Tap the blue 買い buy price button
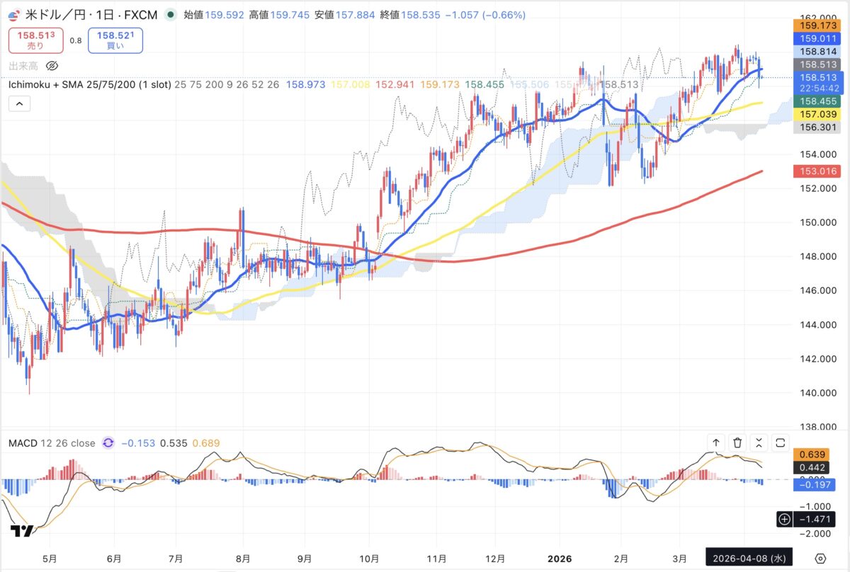tap(115, 40)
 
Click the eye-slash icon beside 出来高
tap(51, 66)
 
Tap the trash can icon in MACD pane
tap(737, 443)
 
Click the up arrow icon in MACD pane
tap(716, 443)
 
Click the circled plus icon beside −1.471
tap(784, 520)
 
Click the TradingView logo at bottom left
tap(22, 531)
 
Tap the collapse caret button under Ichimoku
tap(19, 104)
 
